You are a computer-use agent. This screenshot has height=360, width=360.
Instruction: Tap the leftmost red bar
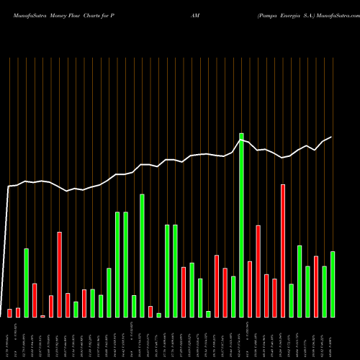click(x=10, y=312)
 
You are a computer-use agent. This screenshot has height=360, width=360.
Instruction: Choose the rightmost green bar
click(x=333, y=284)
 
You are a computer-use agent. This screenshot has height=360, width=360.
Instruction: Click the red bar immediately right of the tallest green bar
click(x=250, y=289)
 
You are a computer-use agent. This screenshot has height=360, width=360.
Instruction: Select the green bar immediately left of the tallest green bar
click(x=233, y=296)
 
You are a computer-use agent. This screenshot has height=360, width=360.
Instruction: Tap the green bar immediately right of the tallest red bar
click(x=292, y=300)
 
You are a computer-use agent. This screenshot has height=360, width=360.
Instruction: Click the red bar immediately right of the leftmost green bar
click(x=35, y=300)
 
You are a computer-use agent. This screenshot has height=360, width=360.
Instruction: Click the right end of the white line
click(x=331, y=137)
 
